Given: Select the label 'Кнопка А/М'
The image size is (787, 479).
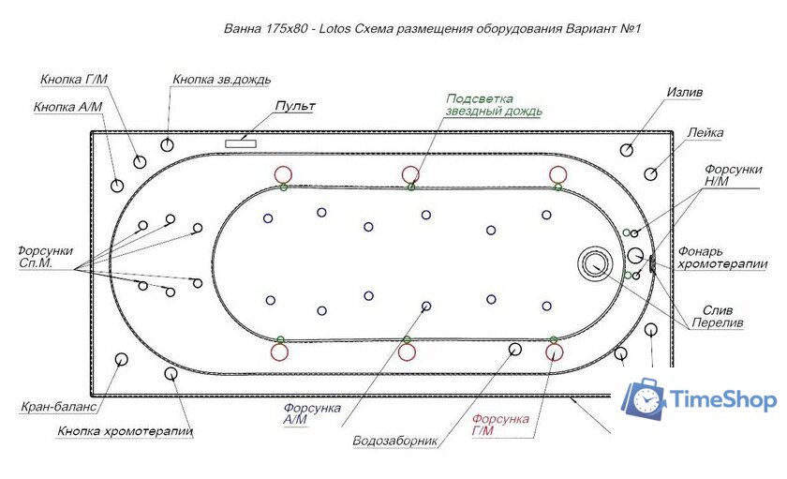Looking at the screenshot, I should click(x=67, y=108).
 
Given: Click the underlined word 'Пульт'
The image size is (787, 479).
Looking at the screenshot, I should click(x=293, y=107).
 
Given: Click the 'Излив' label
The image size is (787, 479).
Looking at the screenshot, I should click(x=684, y=94).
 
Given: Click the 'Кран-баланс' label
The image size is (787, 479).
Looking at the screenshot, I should click(x=57, y=408).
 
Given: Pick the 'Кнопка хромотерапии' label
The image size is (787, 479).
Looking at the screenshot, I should click(x=125, y=431).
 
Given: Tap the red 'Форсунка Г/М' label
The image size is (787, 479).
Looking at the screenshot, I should click(x=500, y=425).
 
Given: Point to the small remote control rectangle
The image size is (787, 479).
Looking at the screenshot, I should click(x=242, y=142).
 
